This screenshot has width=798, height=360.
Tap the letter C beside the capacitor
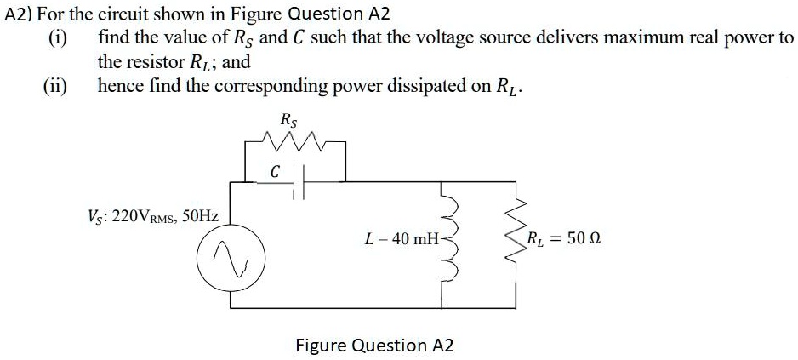[275, 171]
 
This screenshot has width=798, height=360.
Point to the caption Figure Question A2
[374, 346]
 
